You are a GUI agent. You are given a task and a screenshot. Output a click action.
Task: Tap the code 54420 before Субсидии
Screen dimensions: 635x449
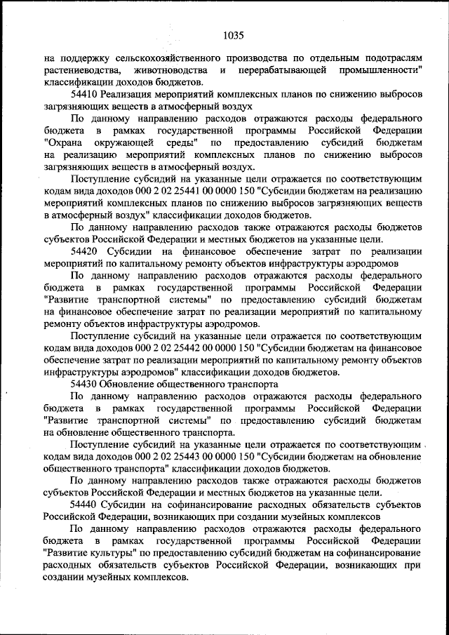pyautogui.click(x=85, y=250)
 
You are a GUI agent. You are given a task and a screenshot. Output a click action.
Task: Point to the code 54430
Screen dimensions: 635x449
pyautogui.click(x=85, y=384)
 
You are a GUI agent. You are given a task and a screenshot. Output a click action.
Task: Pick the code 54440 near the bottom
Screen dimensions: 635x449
pyautogui.click(x=85, y=504)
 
